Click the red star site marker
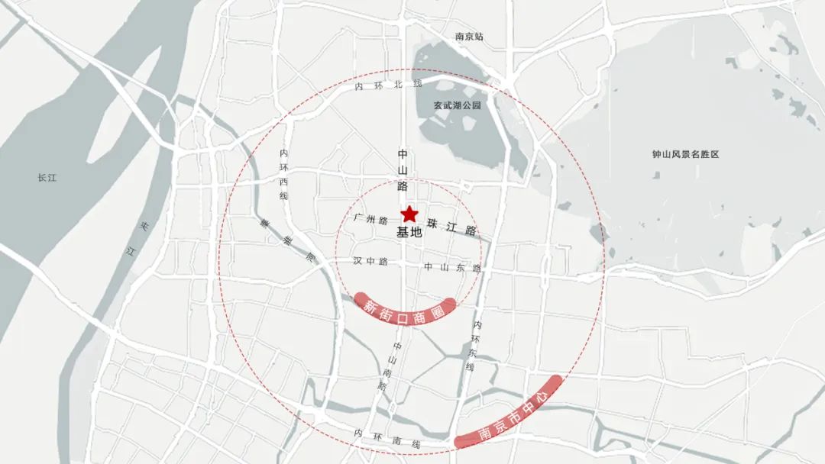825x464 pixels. [x=409, y=214]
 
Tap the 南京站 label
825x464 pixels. [x=469, y=37]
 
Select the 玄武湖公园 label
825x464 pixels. [x=458, y=106]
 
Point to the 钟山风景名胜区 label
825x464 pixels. [x=685, y=154]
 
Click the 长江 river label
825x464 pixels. [x=47, y=178]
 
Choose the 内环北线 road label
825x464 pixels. [x=388, y=85]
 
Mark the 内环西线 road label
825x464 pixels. [x=284, y=175]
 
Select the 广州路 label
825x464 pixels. [x=372, y=219]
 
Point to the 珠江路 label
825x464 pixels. [x=452, y=227]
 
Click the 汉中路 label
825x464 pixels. [x=371, y=261]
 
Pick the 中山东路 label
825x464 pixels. [x=452, y=268]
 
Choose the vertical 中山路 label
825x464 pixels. [x=403, y=169]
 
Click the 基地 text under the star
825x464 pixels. [x=409, y=234]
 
